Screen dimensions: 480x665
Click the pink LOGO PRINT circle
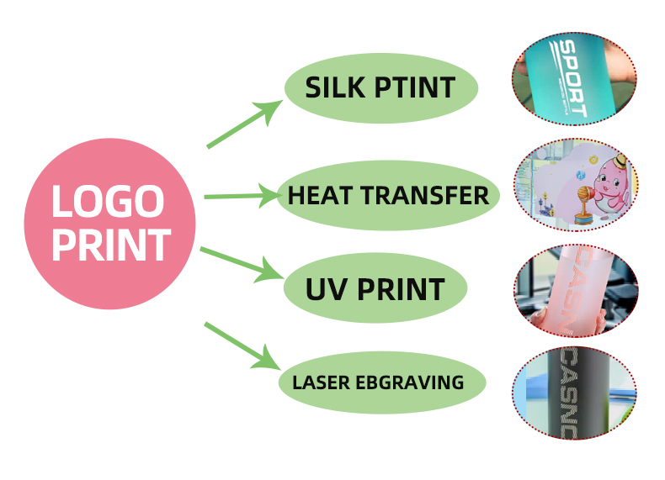(x=109, y=223)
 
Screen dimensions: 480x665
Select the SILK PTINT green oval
(x=381, y=87)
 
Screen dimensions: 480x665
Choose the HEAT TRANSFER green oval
(x=388, y=196)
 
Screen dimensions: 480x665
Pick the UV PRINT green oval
(x=375, y=289)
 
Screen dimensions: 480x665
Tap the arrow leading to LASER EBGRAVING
(x=242, y=345)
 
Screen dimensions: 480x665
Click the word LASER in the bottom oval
(x=321, y=382)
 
